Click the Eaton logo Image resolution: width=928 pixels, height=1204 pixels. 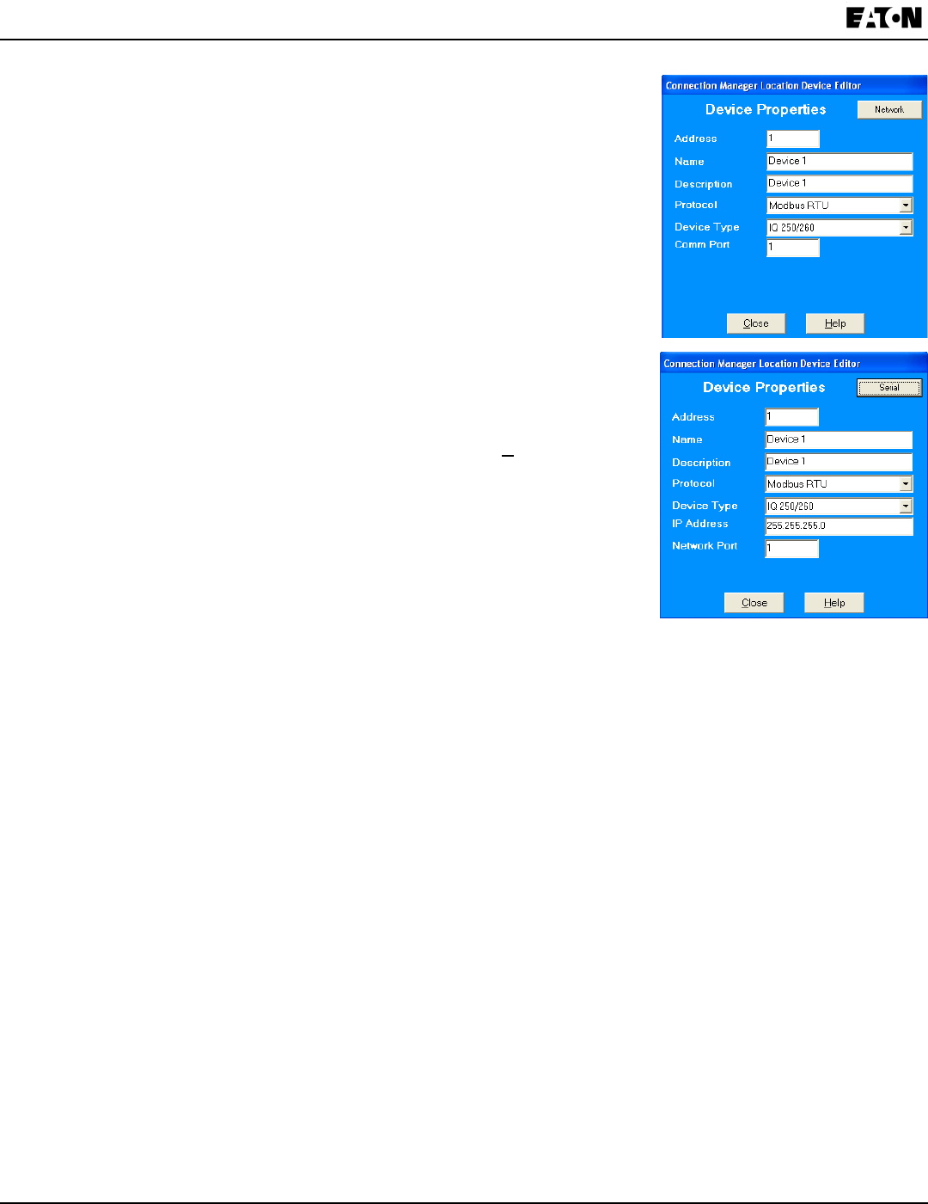[883, 18]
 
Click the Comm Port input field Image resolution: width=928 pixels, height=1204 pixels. [792, 248]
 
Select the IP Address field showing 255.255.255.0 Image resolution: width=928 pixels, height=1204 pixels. [838, 525]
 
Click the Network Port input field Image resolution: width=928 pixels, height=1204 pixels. [791, 548]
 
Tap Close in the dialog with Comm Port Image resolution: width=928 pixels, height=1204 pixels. [755, 323]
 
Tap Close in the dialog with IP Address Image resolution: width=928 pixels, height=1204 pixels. [754, 603]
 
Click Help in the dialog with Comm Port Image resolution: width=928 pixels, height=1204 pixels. [834, 323]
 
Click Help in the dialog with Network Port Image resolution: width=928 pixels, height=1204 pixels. [833, 603]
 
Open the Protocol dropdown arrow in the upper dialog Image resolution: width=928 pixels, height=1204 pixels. [906, 206]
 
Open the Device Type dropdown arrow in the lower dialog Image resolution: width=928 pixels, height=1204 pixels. [906, 507]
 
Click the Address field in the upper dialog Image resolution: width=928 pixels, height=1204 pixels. [792, 138]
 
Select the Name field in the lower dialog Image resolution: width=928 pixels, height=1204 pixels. [838, 439]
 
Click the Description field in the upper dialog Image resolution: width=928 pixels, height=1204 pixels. [839, 183]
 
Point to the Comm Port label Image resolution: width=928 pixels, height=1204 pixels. [702, 245]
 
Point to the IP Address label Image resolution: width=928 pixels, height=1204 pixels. [699, 524]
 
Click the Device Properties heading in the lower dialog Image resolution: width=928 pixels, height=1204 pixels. [763, 388]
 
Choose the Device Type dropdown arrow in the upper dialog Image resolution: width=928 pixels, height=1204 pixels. [906, 228]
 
